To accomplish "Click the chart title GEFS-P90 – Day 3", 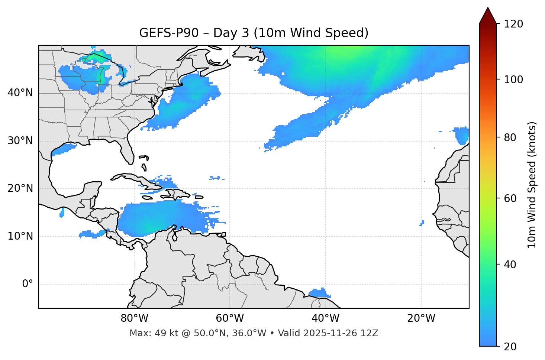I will point(254,33).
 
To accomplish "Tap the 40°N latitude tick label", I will point(20,93).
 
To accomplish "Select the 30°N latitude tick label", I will point(20,141).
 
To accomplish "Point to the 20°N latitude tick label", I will point(20,188).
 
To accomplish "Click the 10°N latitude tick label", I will point(20,236).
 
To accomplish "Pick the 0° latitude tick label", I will point(27,284).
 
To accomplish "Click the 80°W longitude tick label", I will point(134,318).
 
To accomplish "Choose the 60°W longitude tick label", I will point(230,318).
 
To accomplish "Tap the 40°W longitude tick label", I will point(326,318).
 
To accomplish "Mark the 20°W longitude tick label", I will point(421,318).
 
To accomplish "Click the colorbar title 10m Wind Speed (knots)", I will point(532,185).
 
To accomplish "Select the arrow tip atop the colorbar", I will point(488,8).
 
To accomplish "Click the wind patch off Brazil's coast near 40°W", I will point(319,293).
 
